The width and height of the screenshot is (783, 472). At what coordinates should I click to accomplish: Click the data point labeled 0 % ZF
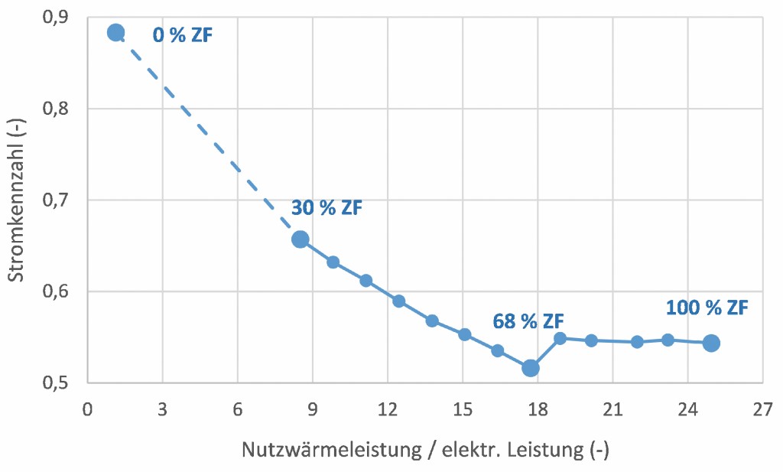[115, 32]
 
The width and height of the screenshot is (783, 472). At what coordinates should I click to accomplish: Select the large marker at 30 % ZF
[300, 239]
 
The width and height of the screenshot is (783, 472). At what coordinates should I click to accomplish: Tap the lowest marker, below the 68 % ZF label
[530, 368]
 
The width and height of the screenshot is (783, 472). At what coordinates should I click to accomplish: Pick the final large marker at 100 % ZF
[711, 343]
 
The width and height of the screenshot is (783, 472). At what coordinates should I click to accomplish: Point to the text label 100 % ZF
[707, 308]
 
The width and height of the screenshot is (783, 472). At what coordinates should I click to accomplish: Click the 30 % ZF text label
[327, 208]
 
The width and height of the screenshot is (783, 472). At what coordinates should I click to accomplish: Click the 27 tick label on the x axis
[762, 410]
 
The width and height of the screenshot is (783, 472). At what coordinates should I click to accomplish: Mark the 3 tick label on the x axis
[162, 410]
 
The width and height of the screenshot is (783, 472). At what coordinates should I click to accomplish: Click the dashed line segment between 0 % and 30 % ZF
[206, 138]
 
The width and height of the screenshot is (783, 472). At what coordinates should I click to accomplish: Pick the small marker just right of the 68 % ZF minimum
[560, 338]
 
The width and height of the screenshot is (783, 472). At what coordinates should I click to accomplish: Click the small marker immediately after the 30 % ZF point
[333, 262]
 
